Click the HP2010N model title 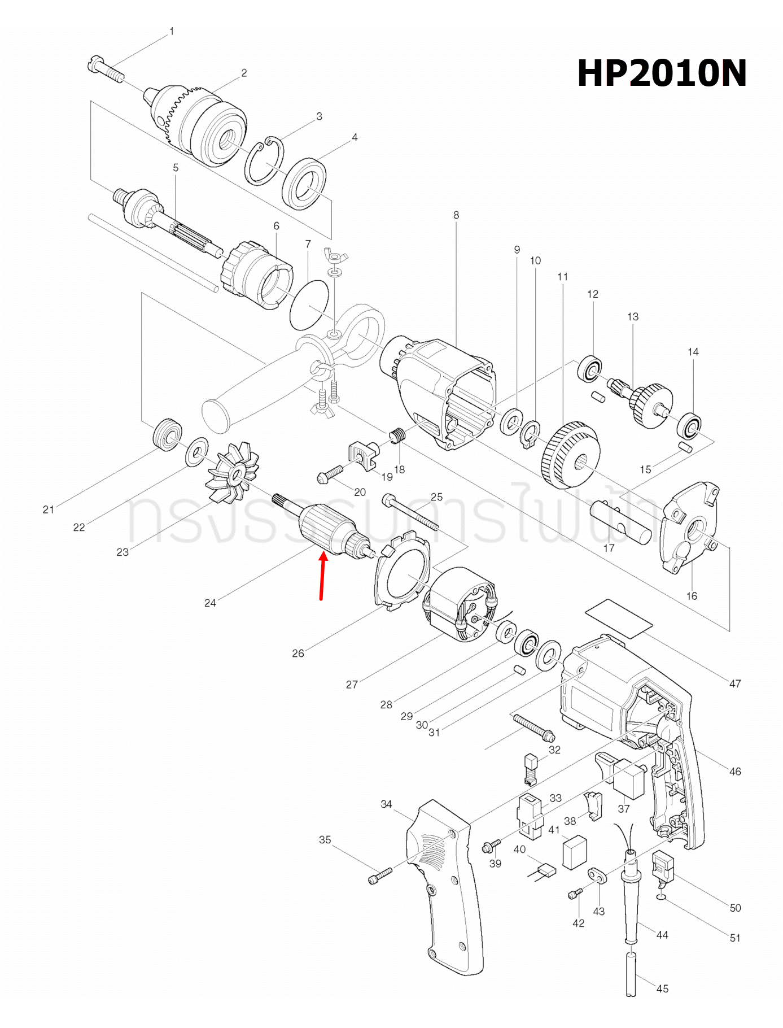point(662,73)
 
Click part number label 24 point(210,603)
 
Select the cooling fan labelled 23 point(233,472)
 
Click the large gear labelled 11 point(570,455)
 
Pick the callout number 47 point(735,683)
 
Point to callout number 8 point(456,215)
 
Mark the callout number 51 point(735,938)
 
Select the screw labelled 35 point(380,876)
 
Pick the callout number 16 point(692,596)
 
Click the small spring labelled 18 point(398,435)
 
